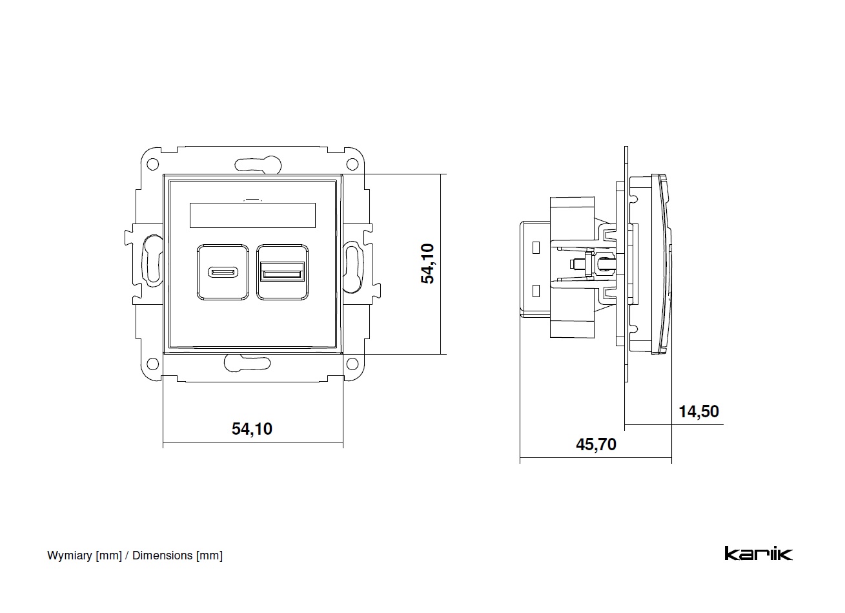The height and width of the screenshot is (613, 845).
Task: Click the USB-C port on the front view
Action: pyautogui.click(x=223, y=271)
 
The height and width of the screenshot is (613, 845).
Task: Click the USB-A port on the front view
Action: pyautogui.click(x=282, y=271)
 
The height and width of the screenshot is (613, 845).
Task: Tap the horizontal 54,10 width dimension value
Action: pyautogui.click(x=252, y=428)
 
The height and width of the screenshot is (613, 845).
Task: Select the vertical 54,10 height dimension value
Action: pyautogui.click(x=428, y=264)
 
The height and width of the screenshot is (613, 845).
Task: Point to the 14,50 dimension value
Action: pyautogui.click(x=698, y=411)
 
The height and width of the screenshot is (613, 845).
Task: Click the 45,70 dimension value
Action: pyautogui.click(x=596, y=444)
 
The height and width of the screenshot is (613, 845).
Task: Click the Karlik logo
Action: pyautogui.click(x=758, y=554)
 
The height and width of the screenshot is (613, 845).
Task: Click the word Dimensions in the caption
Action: pyautogui.click(x=162, y=556)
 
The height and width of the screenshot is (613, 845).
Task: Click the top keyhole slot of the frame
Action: pyautogui.click(x=256, y=164)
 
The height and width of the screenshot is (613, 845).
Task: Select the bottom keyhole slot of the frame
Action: pyautogui.click(x=248, y=363)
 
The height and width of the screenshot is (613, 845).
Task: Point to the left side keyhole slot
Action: pyautogui.click(x=152, y=262)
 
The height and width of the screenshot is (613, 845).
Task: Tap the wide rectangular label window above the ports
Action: pyautogui.click(x=252, y=215)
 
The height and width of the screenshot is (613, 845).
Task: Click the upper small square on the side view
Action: pyautogui.click(x=535, y=247)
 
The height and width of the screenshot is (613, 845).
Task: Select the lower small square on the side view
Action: pyautogui.click(x=535, y=290)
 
